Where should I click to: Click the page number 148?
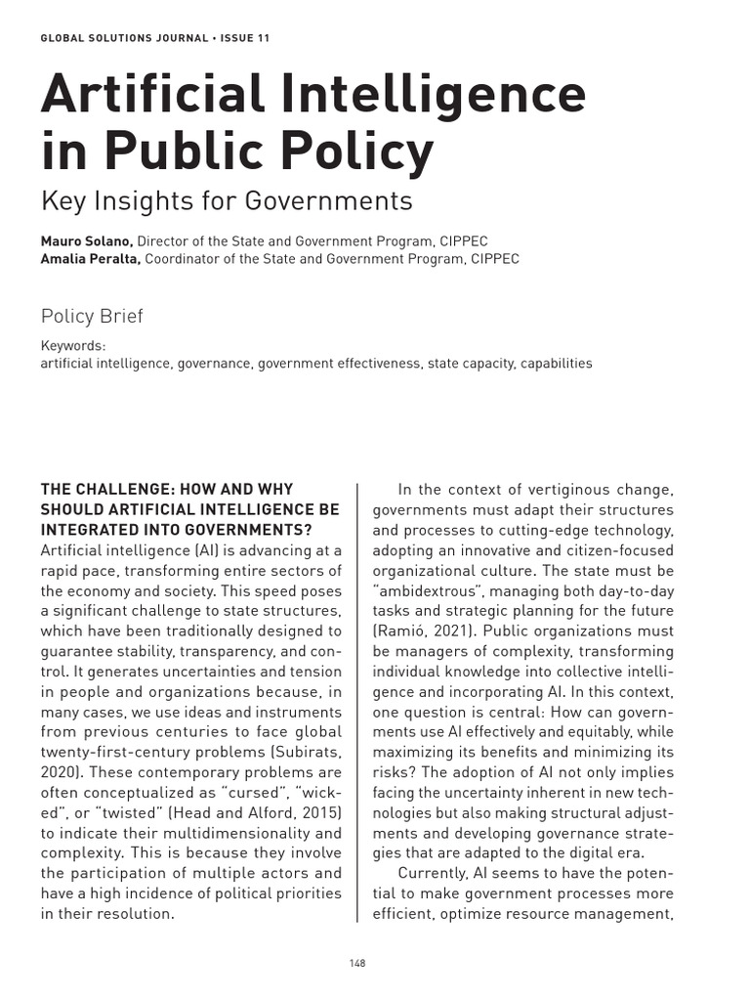point(356,963)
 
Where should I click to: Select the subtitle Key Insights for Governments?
point(227,200)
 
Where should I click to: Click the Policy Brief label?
point(91,315)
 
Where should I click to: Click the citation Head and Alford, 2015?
point(256,812)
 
